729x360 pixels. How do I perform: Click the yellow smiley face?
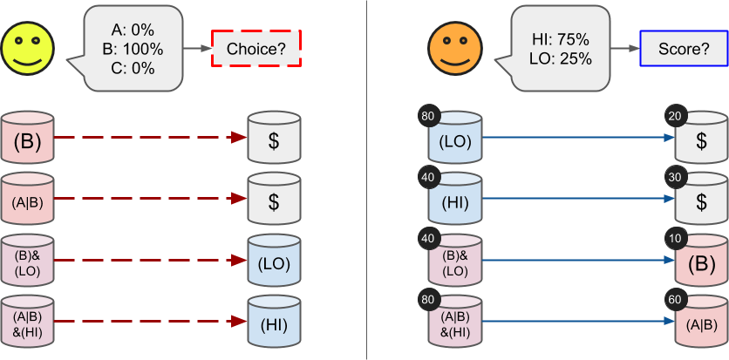coord(29,49)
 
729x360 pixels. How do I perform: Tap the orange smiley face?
coord(454,49)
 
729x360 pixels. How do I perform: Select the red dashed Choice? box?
coord(256,49)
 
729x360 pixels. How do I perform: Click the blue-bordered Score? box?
coord(683,49)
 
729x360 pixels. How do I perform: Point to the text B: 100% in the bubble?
coord(133,49)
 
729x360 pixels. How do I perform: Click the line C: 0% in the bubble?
coord(133,69)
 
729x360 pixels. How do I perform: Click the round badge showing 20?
coord(674,118)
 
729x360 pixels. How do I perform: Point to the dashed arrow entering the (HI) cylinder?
coord(148,322)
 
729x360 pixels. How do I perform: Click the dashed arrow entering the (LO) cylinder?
coord(148,261)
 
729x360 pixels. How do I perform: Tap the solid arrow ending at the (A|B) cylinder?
coord(576,322)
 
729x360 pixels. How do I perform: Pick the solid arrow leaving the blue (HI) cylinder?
coord(576,200)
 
